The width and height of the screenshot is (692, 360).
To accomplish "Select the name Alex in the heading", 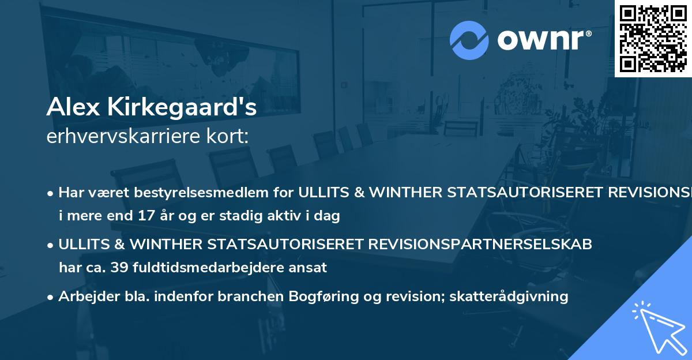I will click(x=69, y=107).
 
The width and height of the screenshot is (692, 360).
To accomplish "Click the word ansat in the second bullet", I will click(x=310, y=268).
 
